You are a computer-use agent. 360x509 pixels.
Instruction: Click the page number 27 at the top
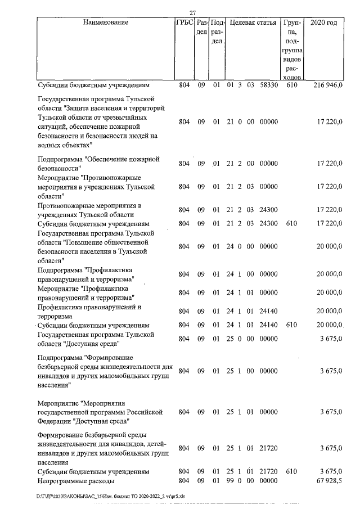[192, 12]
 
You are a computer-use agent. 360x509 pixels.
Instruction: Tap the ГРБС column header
[184, 23]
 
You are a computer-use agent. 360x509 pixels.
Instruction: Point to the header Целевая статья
[252, 23]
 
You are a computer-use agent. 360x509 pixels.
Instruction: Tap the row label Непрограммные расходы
[76, 481]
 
